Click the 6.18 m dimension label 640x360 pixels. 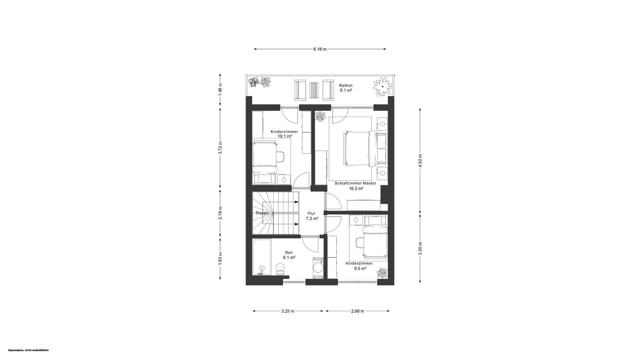[320, 49]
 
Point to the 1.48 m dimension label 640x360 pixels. [220, 89]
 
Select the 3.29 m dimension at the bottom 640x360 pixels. [288, 311]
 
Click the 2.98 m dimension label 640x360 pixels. [357, 311]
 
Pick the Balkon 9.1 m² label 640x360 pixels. [346, 88]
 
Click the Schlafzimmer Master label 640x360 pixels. [355, 183]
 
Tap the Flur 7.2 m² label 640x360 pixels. [312, 216]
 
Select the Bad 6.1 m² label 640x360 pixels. [289, 255]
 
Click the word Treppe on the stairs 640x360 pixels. [262, 213]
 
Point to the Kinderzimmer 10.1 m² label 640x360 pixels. [284, 134]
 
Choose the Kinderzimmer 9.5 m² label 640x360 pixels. [359, 266]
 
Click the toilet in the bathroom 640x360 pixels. [280, 269]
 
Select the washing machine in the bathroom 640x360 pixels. [318, 267]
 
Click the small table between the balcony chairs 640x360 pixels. [314, 90]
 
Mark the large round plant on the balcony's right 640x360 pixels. [383, 87]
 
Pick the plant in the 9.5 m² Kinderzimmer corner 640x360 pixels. [382, 273]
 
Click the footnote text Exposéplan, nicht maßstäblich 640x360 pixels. [28, 350]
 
